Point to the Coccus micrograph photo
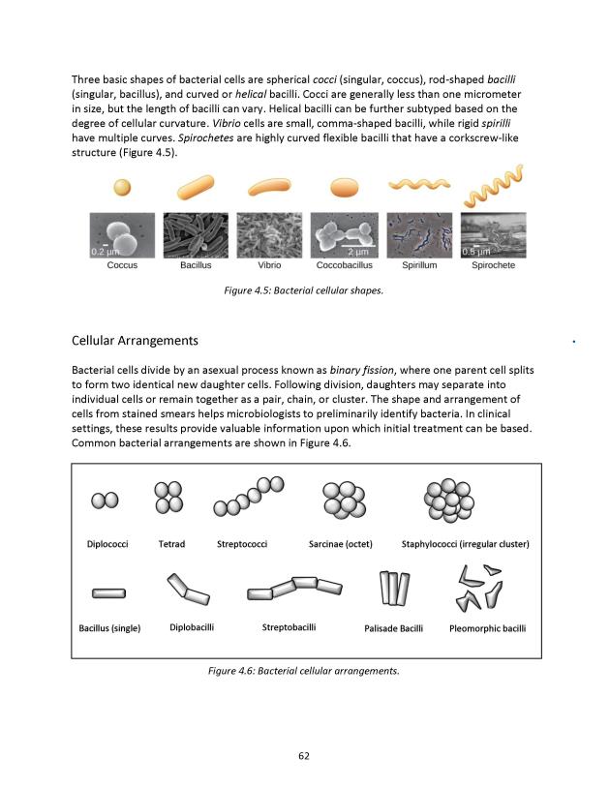pyautogui.click(x=120, y=235)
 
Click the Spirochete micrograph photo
pyautogui.click(x=493, y=235)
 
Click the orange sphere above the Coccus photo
pyautogui.click(x=121, y=187)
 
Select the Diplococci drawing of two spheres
pyautogui.click(x=105, y=501)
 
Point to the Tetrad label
pyautogui.click(x=171, y=544)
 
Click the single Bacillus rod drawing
pyautogui.click(x=107, y=592)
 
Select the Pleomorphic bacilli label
pyautogui.click(x=488, y=628)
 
